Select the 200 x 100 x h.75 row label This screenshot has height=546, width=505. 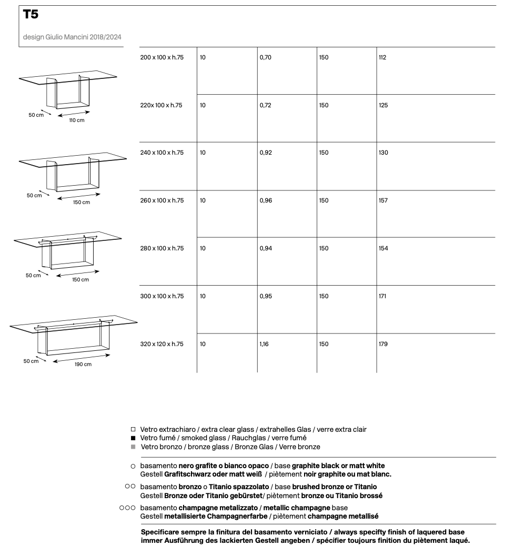pyautogui.click(x=161, y=57)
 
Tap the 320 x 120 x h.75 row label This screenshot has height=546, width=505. pyautogui.click(x=161, y=344)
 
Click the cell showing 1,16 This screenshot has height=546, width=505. pyautogui.click(x=264, y=344)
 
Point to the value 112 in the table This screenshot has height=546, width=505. pyautogui.click(x=382, y=57)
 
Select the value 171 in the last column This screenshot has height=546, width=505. pyautogui.click(x=382, y=296)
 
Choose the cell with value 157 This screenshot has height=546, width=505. pyautogui.click(x=383, y=200)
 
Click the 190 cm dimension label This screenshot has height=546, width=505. pyautogui.click(x=83, y=364)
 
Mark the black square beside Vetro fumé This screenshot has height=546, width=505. pyautogui.click(x=133, y=438)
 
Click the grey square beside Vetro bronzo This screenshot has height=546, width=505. pyautogui.click(x=133, y=447)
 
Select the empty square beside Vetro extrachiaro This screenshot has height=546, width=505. pyautogui.click(x=133, y=430)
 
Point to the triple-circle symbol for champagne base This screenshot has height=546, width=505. pyautogui.click(x=128, y=508)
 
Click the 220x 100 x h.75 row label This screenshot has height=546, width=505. pyautogui.click(x=161, y=105)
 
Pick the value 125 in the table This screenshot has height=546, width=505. pyautogui.click(x=383, y=105)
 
